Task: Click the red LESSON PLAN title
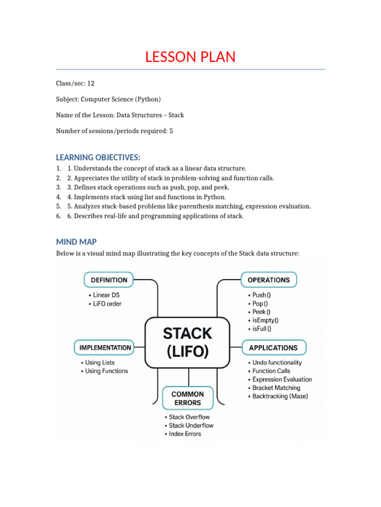(x=190, y=57)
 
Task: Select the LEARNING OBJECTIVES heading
(x=98, y=157)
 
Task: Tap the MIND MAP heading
(x=76, y=242)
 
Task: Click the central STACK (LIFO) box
(x=188, y=342)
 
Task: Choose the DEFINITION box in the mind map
(x=109, y=280)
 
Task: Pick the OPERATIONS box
(x=268, y=280)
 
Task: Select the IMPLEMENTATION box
(x=105, y=348)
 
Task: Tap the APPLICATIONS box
(x=273, y=348)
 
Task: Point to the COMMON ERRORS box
(x=188, y=399)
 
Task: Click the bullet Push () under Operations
(x=261, y=295)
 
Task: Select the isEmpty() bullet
(x=265, y=320)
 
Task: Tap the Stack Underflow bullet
(x=191, y=425)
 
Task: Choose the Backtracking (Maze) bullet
(x=280, y=396)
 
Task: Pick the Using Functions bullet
(x=106, y=371)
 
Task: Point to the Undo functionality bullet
(x=277, y=362)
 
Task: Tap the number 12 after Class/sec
(x=91, y=83)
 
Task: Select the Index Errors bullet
(x=185, y=434)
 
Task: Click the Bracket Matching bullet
(x=276, y=388)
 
